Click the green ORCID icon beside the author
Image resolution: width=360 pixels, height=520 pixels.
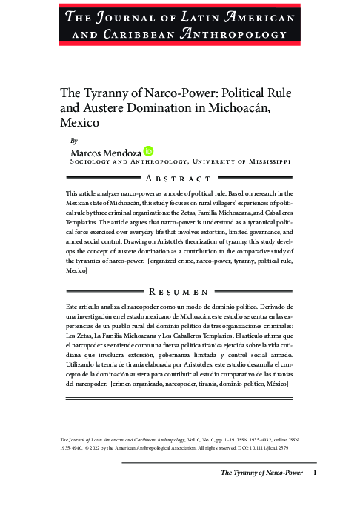point(149,151)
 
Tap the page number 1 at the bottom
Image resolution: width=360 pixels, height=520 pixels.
point(315,473)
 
